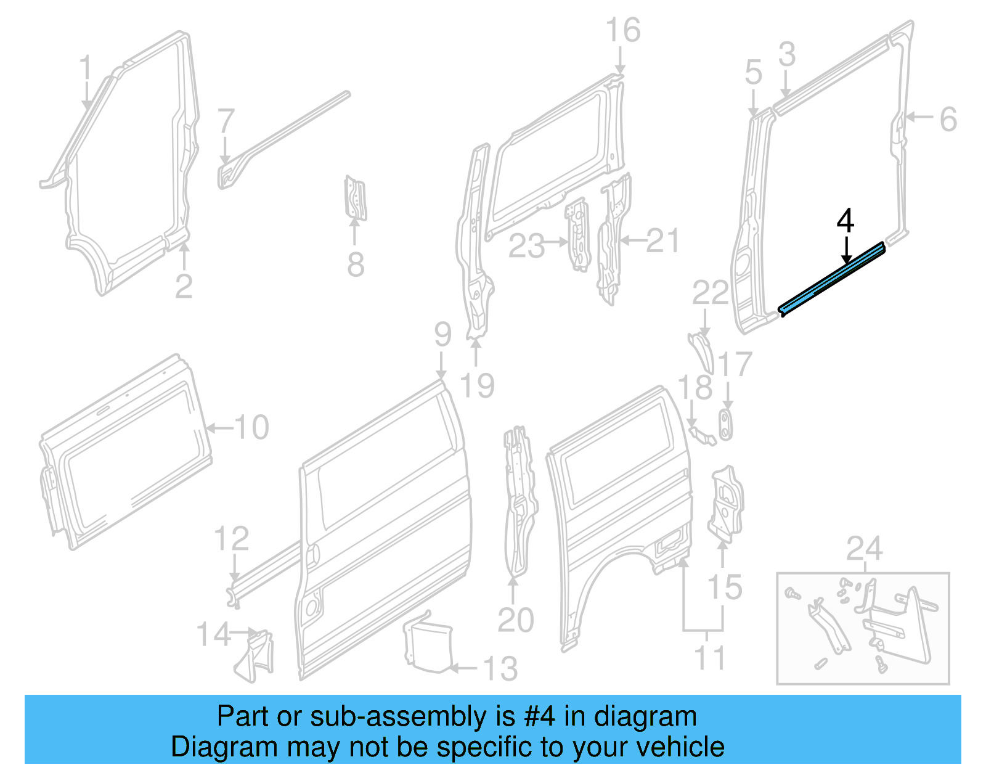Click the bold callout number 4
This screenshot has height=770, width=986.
(x=845, y=221)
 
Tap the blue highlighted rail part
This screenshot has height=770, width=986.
(x=832, y=279)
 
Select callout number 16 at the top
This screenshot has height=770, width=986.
(x=623, y=30)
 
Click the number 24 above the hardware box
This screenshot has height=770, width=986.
(x=864, y=549)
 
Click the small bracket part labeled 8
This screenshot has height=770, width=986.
(x=355, y=197)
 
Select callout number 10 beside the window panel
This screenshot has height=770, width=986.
(x=251, y=427)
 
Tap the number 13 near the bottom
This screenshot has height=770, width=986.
(x=500, y=668)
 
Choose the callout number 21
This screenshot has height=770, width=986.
(x=662, y=240)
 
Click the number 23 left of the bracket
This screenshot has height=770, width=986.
(x=526, y=246)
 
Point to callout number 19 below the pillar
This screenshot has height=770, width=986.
(x=477, y=386)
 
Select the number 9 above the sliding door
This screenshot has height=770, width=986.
(x=442, y=334)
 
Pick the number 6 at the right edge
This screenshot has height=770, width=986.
(x=948, y=119)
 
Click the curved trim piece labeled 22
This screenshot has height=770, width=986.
(x=703, y=350)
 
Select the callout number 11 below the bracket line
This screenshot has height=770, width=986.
(x=709, y=658)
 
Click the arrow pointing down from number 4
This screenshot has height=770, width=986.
(x=847, y=250)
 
